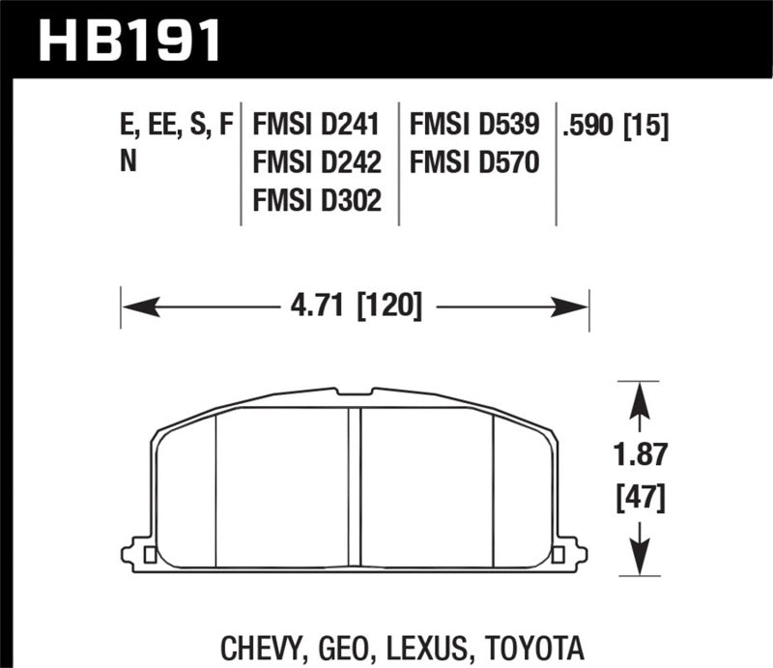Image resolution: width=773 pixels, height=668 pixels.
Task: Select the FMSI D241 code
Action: tap(316, 125)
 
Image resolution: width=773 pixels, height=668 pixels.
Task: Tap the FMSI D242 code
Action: tap(316, 162)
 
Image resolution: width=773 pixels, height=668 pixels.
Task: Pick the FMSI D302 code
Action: tap(316, 200)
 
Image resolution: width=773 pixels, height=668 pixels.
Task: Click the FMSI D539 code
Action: tap(474, 125)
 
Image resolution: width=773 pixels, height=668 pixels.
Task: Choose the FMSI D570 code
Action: tap(474, 162)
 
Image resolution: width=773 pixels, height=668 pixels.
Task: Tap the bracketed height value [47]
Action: tap(639, 498)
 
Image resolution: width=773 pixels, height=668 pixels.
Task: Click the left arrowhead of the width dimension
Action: tap(135, 307)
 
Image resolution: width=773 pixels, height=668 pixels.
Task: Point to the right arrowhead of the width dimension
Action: tap(574, 307)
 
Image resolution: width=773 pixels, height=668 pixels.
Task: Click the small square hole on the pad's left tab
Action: tap(150, 555)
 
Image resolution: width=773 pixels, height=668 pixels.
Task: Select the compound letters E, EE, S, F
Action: tap(176, 125)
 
